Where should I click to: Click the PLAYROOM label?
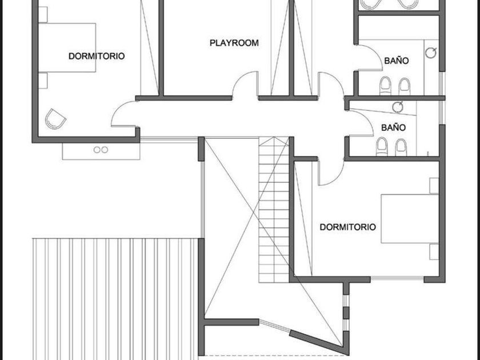point(234,43)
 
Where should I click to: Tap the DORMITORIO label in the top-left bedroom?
point(97,56)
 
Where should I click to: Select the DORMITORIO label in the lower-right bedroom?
point(348,227)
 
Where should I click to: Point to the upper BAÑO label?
point(397,60)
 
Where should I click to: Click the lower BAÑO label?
point(393,127)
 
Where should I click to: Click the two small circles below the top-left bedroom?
point(101,150)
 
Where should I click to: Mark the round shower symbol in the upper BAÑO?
point(431,53)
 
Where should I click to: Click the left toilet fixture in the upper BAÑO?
point(385,86)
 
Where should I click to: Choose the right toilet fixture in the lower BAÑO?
point(401,147)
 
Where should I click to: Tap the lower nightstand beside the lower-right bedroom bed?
point(434,251)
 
